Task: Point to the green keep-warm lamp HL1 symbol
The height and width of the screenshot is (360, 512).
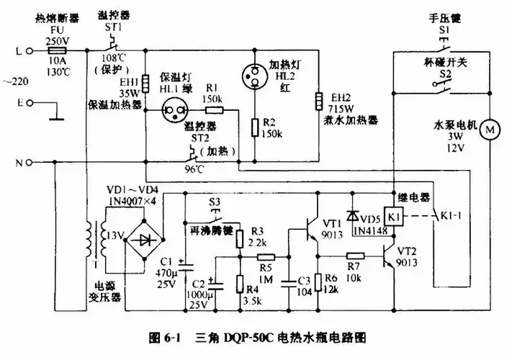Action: coord(171,111)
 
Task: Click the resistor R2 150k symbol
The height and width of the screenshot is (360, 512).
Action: coord(254,128)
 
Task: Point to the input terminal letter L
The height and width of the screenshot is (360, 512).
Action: coord(19,51)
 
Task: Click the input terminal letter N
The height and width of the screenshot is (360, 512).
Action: coord(19,163)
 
